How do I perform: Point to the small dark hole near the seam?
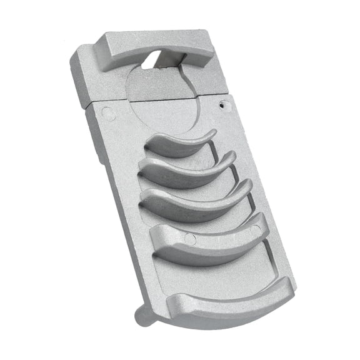tap(222, 107)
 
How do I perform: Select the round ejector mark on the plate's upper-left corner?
tap(107, 114)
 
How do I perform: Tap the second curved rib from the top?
tap(187, 171)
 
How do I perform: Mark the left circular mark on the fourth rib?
tap(191, 239)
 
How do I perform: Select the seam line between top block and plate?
tap(156, 100)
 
